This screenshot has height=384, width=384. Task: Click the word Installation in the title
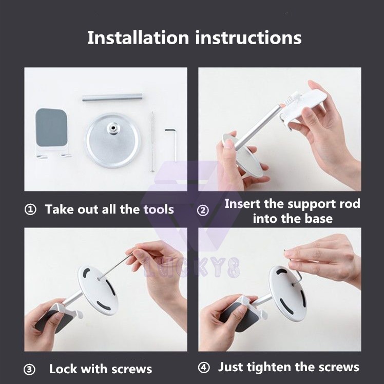click(139, 37)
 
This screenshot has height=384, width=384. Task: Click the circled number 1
click(30, 210)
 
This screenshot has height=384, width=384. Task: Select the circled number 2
click(203, 210)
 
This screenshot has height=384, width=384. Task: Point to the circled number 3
click(29, 370)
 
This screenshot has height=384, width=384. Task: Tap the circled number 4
click(204, 368)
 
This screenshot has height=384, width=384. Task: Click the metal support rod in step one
click(112, 97)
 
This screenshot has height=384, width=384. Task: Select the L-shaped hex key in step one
click(171, 145)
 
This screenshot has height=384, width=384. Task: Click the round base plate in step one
click(112, 141)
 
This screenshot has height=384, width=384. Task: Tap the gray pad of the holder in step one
click(51, 127)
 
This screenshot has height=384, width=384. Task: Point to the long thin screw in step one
click(152, 142)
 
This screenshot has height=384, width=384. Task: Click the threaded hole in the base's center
click(113, 127)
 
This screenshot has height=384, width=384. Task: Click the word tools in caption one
click(159, 209)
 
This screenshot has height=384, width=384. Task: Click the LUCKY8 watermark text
click(191, 267)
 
